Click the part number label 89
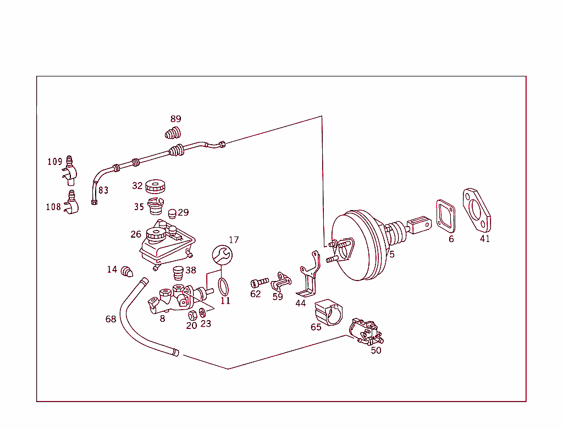175,119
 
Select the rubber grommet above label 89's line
173,133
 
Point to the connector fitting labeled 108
71,202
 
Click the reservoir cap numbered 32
156,186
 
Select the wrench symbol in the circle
222,255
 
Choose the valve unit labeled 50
366,332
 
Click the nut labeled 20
193,315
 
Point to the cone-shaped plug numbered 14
128,271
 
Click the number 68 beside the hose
111,319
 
